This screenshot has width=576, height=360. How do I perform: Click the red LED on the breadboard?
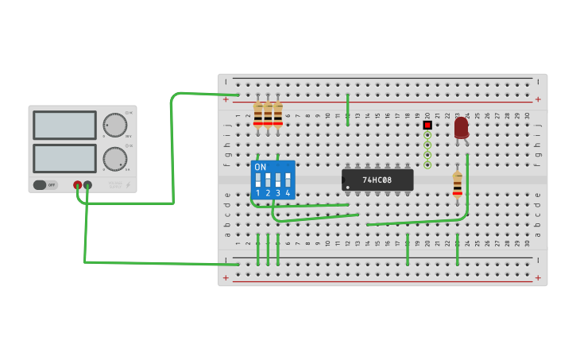click(x=462, y=127)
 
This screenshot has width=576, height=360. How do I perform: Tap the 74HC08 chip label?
click(x=377, y=180)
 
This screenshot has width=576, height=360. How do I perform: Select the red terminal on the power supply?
click(x=77, y=185)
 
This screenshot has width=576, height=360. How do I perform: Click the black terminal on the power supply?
click(x=87, y=185)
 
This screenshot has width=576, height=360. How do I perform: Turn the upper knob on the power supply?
click(x=114, y=125)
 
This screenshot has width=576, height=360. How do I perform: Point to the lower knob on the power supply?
click(x=114, y=158)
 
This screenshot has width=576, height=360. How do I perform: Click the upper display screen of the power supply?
click(x=64, y=125)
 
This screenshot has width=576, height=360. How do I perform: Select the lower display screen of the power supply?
click(x=64, y=158)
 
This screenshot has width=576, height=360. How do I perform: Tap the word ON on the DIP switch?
click(x=260, y=167)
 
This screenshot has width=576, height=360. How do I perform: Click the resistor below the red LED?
click(x=458, y=184)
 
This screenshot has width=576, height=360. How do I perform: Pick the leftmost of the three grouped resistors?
click(x=258, y=114)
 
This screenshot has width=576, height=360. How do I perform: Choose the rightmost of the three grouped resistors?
click(x=278, y=114)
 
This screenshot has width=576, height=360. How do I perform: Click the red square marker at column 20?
click(x=427, y=125)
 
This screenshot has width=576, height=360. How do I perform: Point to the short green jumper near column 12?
click(x=348, y=110)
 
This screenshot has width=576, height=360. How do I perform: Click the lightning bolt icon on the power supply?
click(x=128, y=185)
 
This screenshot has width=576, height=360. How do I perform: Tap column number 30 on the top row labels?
click(x=528, y=115)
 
